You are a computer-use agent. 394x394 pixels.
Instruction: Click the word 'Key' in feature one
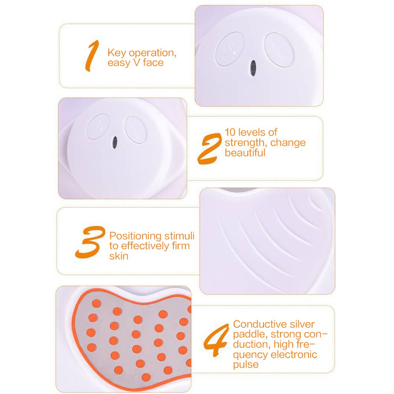coord(117,53)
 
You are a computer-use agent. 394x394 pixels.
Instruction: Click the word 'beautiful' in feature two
coord(245,153)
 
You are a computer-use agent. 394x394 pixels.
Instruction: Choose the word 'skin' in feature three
coord(119,256)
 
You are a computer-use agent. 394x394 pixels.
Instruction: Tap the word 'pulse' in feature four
coord(246,364)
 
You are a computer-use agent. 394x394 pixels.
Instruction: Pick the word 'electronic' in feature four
coord(294,354)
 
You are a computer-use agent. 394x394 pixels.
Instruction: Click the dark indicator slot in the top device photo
coord(253,68)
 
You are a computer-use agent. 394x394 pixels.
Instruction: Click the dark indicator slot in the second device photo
coord(115,142)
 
